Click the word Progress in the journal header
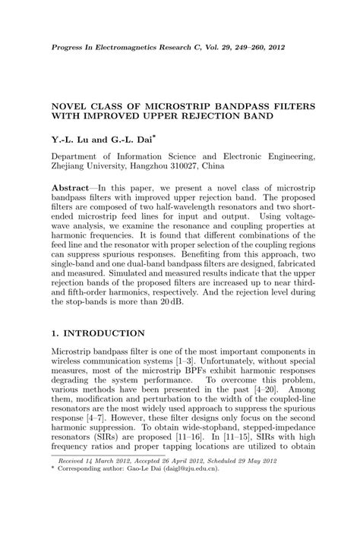pyautogui.click(x=69, y=47)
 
